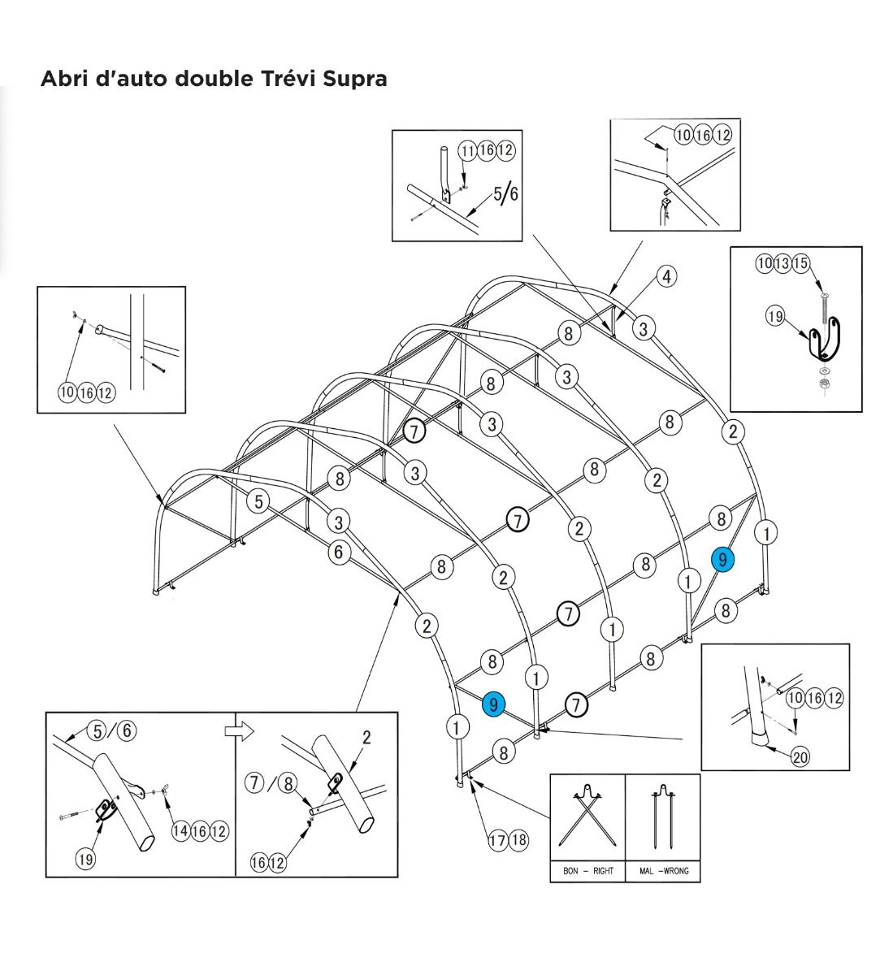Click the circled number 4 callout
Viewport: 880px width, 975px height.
[666, 276]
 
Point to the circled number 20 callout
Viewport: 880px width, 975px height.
[800, 757]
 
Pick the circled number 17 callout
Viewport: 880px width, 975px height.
[497, 840]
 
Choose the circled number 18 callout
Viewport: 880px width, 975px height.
[518, 840]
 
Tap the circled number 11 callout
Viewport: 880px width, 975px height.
[467, 150]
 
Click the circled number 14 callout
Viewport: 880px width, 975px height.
[180, 831]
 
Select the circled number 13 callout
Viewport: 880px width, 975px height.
[783, 263]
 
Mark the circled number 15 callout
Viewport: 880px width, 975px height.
[801, 263]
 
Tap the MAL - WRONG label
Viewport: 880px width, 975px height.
[663, 871]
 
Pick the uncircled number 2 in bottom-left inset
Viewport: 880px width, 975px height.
[366, 738]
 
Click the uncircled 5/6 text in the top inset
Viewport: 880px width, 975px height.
[505, 193]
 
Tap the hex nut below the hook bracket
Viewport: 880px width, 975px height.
[822, 383]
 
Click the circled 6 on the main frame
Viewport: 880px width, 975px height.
[339, 552]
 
